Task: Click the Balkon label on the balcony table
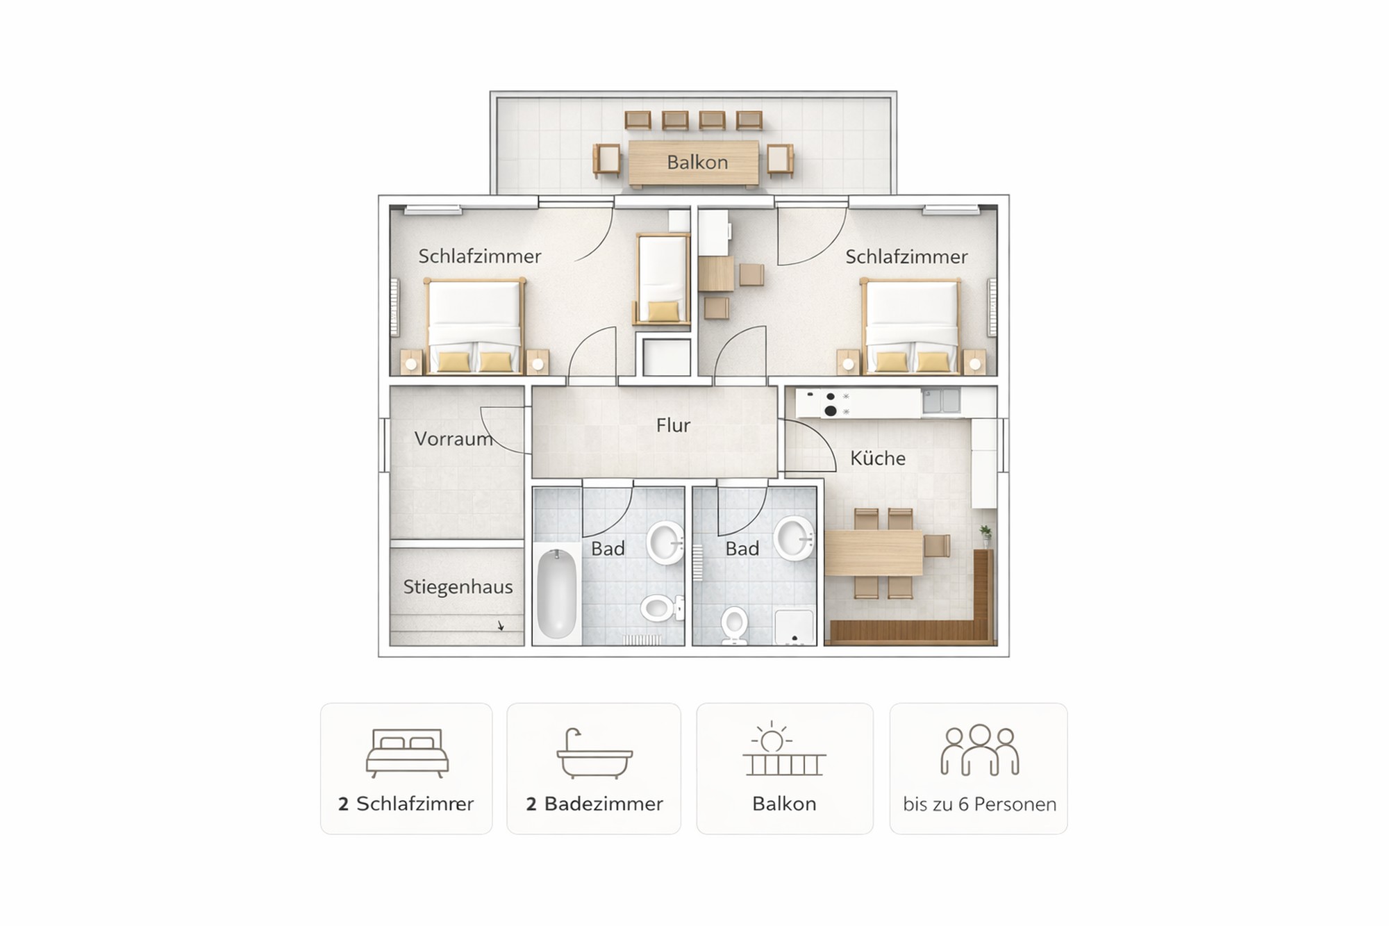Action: [697, 163]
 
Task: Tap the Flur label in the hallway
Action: [673, 425]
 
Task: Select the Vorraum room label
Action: [454, 439]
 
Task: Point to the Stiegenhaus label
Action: [458, 587]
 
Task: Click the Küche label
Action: [878, 458]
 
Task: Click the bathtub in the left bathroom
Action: [557, 593]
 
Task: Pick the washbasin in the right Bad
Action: [795, 538]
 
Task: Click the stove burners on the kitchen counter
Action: [829, 404]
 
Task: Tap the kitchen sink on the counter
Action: [941, 401]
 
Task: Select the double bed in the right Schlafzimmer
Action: [910, 326]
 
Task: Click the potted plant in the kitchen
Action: [985, 536]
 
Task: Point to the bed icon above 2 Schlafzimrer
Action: [407, 753]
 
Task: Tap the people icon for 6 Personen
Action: [979, 750]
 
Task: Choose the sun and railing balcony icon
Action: [784, 750]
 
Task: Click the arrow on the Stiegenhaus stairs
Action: [501, 625]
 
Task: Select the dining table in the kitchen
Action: [874, 553]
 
